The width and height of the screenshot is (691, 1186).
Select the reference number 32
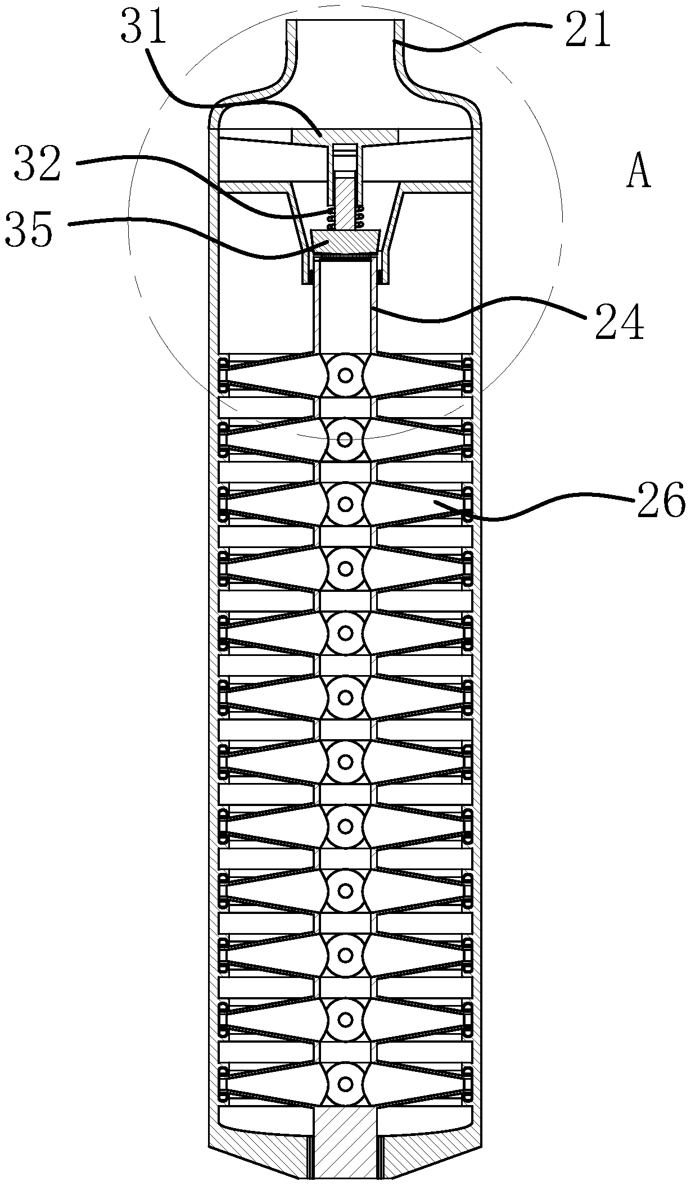point(38,163)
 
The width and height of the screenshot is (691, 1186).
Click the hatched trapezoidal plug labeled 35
point(345,242)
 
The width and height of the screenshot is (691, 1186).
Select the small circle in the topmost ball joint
point(345,374)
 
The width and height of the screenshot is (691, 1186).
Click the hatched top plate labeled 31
point(345,136)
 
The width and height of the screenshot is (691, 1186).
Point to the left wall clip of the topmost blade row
point(224,374)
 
